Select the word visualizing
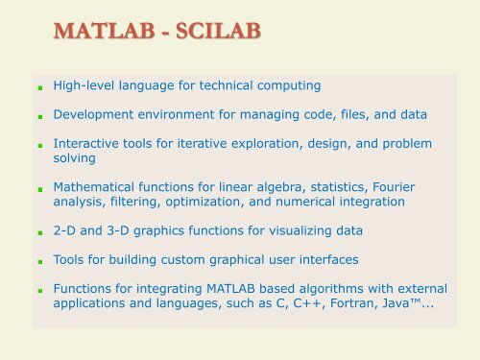tap(323, 230)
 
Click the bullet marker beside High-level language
tap(36, 87)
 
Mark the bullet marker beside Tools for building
tap(36, 261)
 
